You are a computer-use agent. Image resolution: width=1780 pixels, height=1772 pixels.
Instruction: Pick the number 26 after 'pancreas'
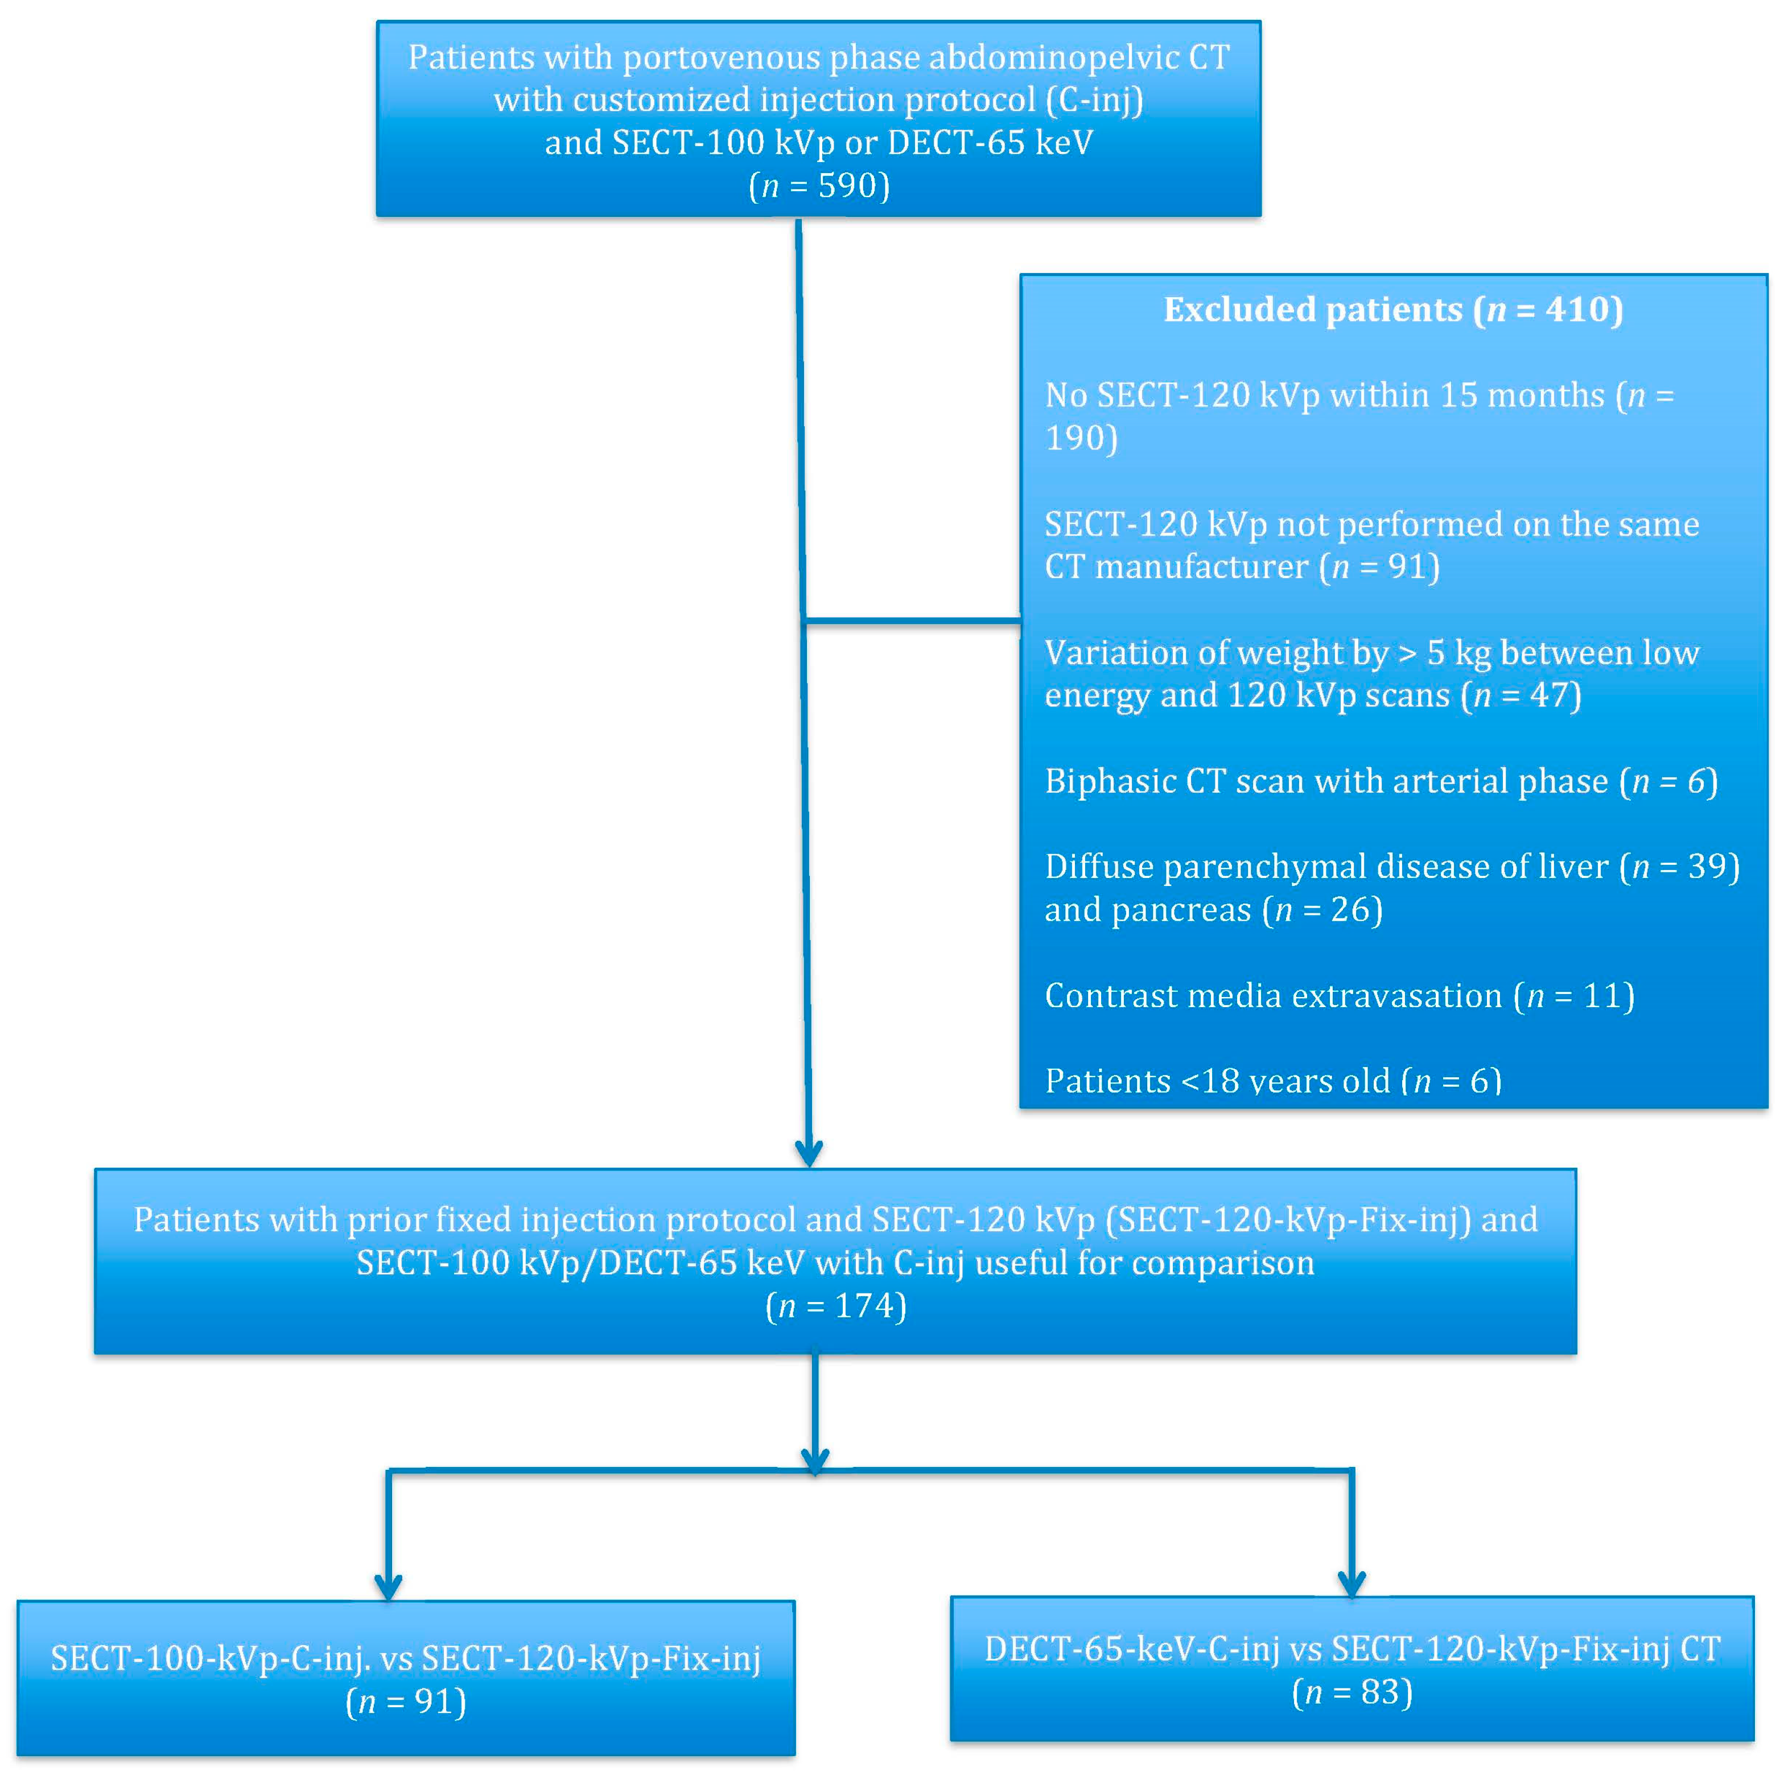[x=1351, y=910]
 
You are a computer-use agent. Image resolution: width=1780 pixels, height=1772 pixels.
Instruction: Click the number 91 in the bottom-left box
[x=433, y=1701]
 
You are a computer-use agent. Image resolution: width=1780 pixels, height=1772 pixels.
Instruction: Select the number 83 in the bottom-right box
[x=1379, y=1692]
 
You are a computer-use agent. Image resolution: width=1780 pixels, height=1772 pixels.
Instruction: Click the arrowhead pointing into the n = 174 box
[x=809, y=1153]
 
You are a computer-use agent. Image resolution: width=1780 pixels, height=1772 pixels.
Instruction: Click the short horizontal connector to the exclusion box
[x=912, y=622]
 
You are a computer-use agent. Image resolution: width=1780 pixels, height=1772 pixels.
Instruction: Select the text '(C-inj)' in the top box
[x=1094, y=100]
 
